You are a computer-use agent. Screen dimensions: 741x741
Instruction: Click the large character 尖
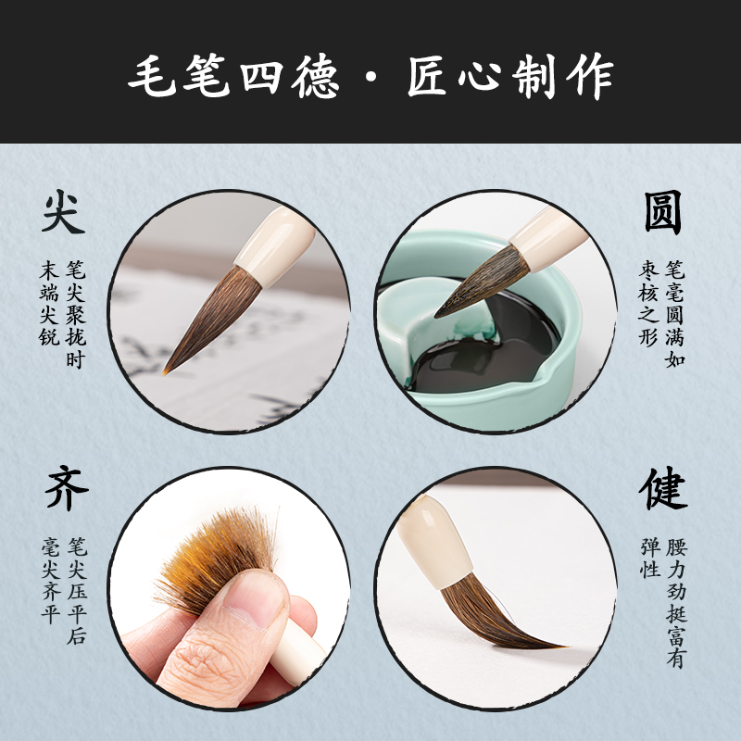click(x=63, y=213)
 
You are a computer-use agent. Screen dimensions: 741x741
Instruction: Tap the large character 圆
click(x=663, y=213)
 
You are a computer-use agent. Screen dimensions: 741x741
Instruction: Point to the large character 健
click(x=663, y=491)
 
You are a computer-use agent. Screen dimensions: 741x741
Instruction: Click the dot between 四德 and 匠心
click(x=371, y=74)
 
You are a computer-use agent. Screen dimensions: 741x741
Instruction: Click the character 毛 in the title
click(x=154, y=74)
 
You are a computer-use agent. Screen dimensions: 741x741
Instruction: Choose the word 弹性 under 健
click(x=649, y=559)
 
